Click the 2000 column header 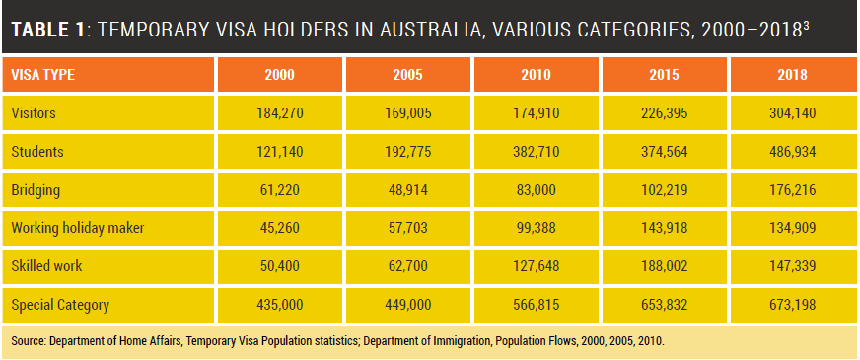coord(279,75)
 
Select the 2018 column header coord(792,75)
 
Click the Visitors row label coord(34,113)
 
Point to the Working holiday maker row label coord(77,227)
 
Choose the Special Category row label coord(60,304)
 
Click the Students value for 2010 coord(536,152)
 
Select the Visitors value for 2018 coord(792,113)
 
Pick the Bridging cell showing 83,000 coord(536,190)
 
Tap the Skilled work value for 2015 coord(664,266)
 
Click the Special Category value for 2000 coord(279,304)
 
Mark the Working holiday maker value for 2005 coord(407,228)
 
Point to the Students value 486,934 coord(792,152)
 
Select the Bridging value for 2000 coord(279,190)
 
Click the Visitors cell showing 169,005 coord(407,113)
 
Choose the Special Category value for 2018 coord(792,304)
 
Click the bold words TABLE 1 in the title coord(48,29)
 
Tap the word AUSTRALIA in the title coord(422,29)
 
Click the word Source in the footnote coord(28,341)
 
